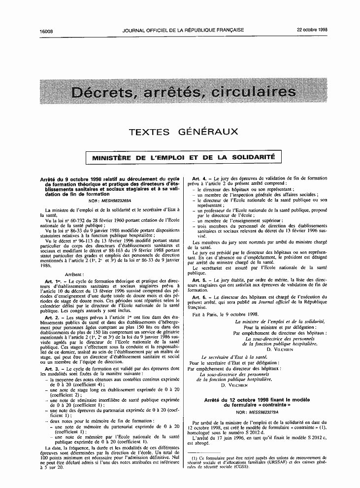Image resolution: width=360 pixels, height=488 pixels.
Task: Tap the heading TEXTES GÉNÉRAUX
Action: coord(183,132)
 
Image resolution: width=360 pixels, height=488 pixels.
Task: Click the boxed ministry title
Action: coord(180,158)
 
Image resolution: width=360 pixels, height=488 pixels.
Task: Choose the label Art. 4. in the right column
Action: coord(199,177)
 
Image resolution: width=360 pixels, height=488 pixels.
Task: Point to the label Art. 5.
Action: coord(199,280)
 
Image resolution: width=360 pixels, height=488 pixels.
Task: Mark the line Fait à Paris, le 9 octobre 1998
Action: coord(219,314)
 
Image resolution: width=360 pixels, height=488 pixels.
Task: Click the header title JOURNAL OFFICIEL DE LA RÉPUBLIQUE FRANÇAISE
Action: coord(183,30)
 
